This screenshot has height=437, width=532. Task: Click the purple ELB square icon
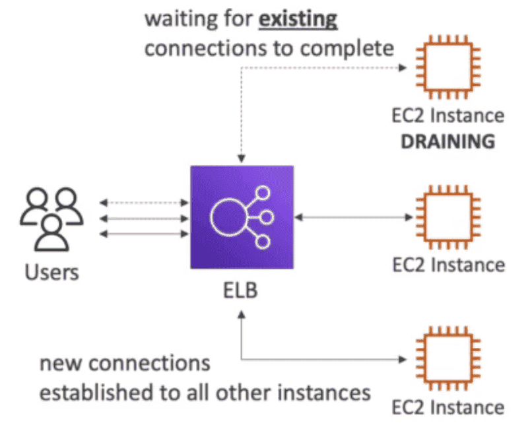point(242,217)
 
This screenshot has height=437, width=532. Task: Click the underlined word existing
point(298,18)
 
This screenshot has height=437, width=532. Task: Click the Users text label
point(51,272)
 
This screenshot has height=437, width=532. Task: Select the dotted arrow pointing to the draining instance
point(323,68)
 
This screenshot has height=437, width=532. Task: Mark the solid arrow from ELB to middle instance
point(350,217)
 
